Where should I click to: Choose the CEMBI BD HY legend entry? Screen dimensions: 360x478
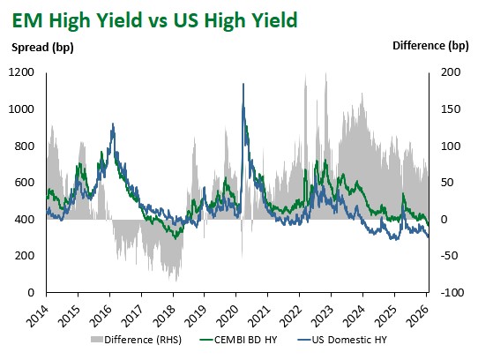tap(237, 339)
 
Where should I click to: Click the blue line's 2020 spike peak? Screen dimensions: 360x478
tap(243, 84)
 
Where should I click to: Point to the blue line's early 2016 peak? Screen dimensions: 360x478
tap(112, 124)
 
